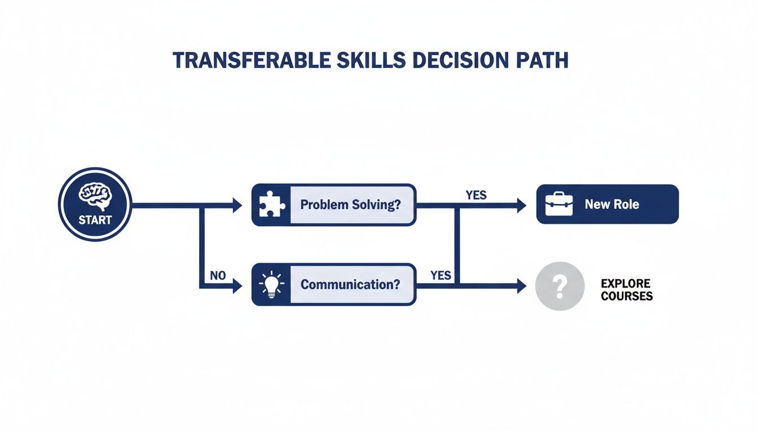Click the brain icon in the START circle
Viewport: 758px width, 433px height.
(95, 195)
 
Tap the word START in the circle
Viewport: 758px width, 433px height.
(95, 220)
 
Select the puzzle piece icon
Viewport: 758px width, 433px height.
(271, 205)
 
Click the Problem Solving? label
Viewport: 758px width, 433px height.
(350, 205)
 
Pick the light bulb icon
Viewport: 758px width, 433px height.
(271, 284)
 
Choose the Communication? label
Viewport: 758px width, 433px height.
(350, 284)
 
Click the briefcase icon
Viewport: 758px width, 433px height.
(559, 204)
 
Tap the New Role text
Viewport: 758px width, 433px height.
(612, 204)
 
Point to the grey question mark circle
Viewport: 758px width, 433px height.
(559, 286)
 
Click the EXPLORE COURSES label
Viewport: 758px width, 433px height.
(626, 290)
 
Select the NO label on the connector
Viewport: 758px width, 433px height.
(217, 276)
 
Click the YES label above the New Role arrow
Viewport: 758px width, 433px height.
(476, 195)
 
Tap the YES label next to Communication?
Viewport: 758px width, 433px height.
(440, 275)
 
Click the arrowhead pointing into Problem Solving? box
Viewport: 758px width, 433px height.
(237, 205)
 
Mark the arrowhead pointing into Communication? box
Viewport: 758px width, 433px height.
(237, 286)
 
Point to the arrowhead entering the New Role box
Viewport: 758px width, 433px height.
(522, 205)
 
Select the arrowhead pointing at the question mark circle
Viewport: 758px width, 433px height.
(522, 286)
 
